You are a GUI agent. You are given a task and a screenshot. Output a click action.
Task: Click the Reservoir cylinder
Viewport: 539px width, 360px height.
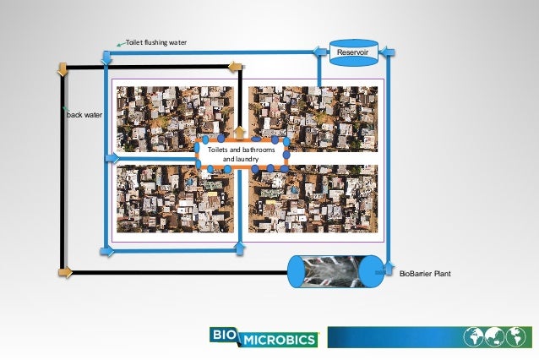pyautogui.click(x=350, y=52)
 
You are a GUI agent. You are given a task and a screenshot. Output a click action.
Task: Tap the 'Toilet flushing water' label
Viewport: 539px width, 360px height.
pyautogui.click(x=156, y=42)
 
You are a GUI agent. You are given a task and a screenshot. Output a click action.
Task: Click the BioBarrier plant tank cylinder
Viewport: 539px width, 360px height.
pyautogui.click(x=334, y=271)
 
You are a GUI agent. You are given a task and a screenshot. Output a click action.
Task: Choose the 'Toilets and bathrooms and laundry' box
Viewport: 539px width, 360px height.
pyautogui.click(x=240, y=153)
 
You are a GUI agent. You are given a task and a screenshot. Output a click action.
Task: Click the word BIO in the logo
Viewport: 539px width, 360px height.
pyautogui.click(x=225, y=335)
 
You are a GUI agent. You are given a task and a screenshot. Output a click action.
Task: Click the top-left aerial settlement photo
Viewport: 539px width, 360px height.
pyautogui.click(x=174, y=118)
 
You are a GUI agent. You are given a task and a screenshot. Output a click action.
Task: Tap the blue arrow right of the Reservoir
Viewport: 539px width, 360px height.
pyautogui.click(x=386, y=52)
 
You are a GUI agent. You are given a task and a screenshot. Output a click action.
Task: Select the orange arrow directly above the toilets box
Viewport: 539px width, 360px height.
pyautogui.click(x=239, y=132)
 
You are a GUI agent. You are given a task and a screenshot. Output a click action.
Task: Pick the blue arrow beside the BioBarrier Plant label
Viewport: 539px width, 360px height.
pyautogui.click(x=387, y=272)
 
